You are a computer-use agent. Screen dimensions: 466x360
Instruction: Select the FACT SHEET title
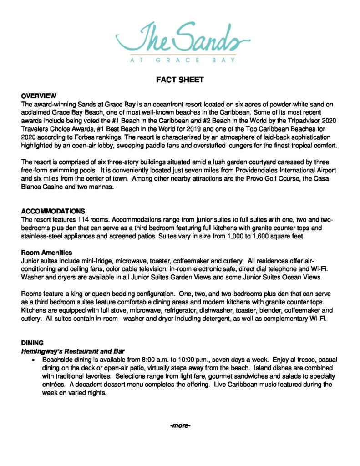pos(180,80)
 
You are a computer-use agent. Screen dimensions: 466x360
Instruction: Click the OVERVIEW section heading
pos(38,96)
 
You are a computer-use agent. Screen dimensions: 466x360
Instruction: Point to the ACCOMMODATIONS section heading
pos(53,211)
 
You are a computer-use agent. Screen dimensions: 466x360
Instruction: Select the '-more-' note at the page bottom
pos(180,426)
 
